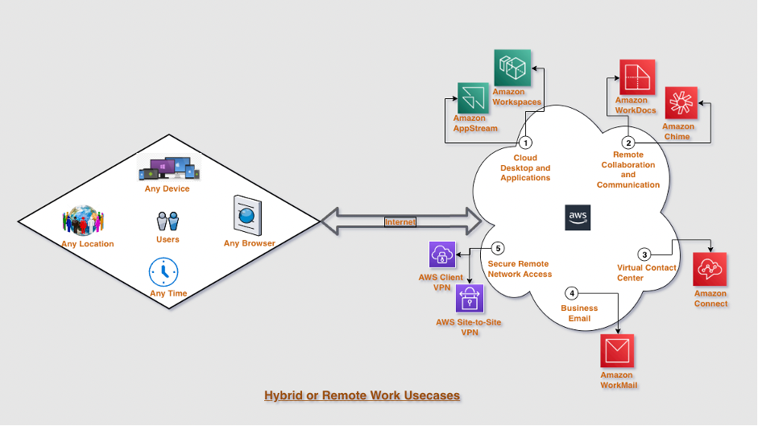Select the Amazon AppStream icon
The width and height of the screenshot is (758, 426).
pos(474,98)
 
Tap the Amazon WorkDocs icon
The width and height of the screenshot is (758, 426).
pos(636,77)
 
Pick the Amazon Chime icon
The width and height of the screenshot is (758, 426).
pos(681,103)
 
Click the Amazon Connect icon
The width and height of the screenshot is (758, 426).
pos(710,270)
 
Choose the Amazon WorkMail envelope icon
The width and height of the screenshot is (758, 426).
pos(618,352)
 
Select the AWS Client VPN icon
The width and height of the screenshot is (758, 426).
pos(444,255)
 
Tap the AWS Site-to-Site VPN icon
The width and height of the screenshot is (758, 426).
pos(470,299)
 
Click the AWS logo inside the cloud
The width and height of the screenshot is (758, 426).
pos(578,217)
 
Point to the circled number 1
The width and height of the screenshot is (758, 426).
pos(525,143)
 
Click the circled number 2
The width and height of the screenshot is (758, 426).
pos(628,143)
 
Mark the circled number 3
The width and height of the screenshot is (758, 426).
pos(644,254)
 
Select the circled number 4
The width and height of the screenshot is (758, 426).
pos(571,293)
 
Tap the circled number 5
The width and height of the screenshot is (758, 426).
pos(498,250)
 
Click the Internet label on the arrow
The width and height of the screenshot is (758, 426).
pos(400,221)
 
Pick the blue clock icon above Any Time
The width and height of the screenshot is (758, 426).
pos(164,271)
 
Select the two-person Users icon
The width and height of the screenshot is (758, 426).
pos(168,221)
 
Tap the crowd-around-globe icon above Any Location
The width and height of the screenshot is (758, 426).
pos(84,221)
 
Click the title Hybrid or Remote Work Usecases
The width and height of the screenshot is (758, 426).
pos(362,395)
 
